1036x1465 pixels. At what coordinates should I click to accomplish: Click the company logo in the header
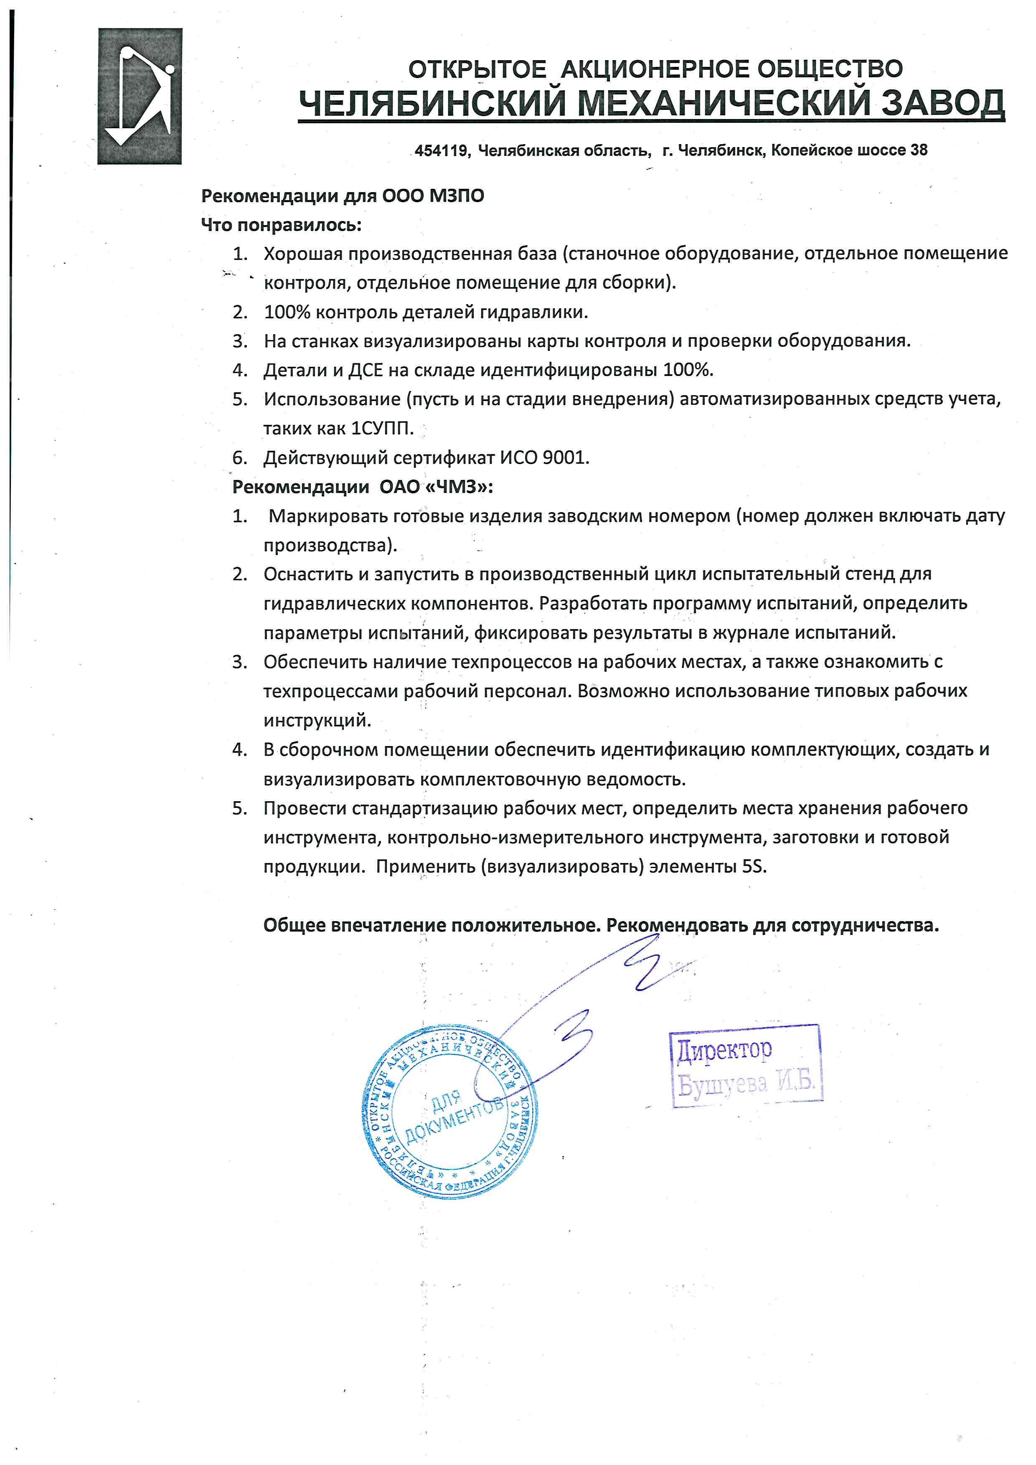(x=139, y=96)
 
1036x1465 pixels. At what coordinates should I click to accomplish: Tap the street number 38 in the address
(x=919, y=150)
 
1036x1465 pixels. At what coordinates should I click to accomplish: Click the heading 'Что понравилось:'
(x=281, y=225)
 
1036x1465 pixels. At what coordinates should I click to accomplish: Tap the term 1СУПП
(x=382, y=428)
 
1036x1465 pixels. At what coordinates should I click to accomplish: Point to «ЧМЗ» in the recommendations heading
(x=460, y=487)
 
